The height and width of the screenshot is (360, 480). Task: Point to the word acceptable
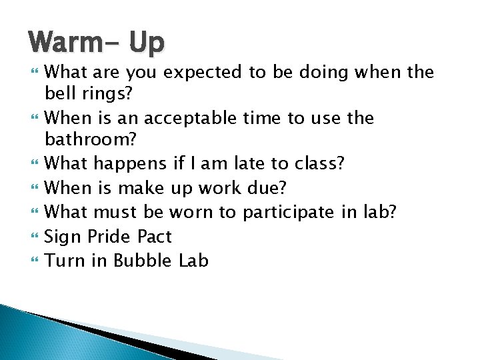point(189,118)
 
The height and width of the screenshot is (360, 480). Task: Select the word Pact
point(155,237)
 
